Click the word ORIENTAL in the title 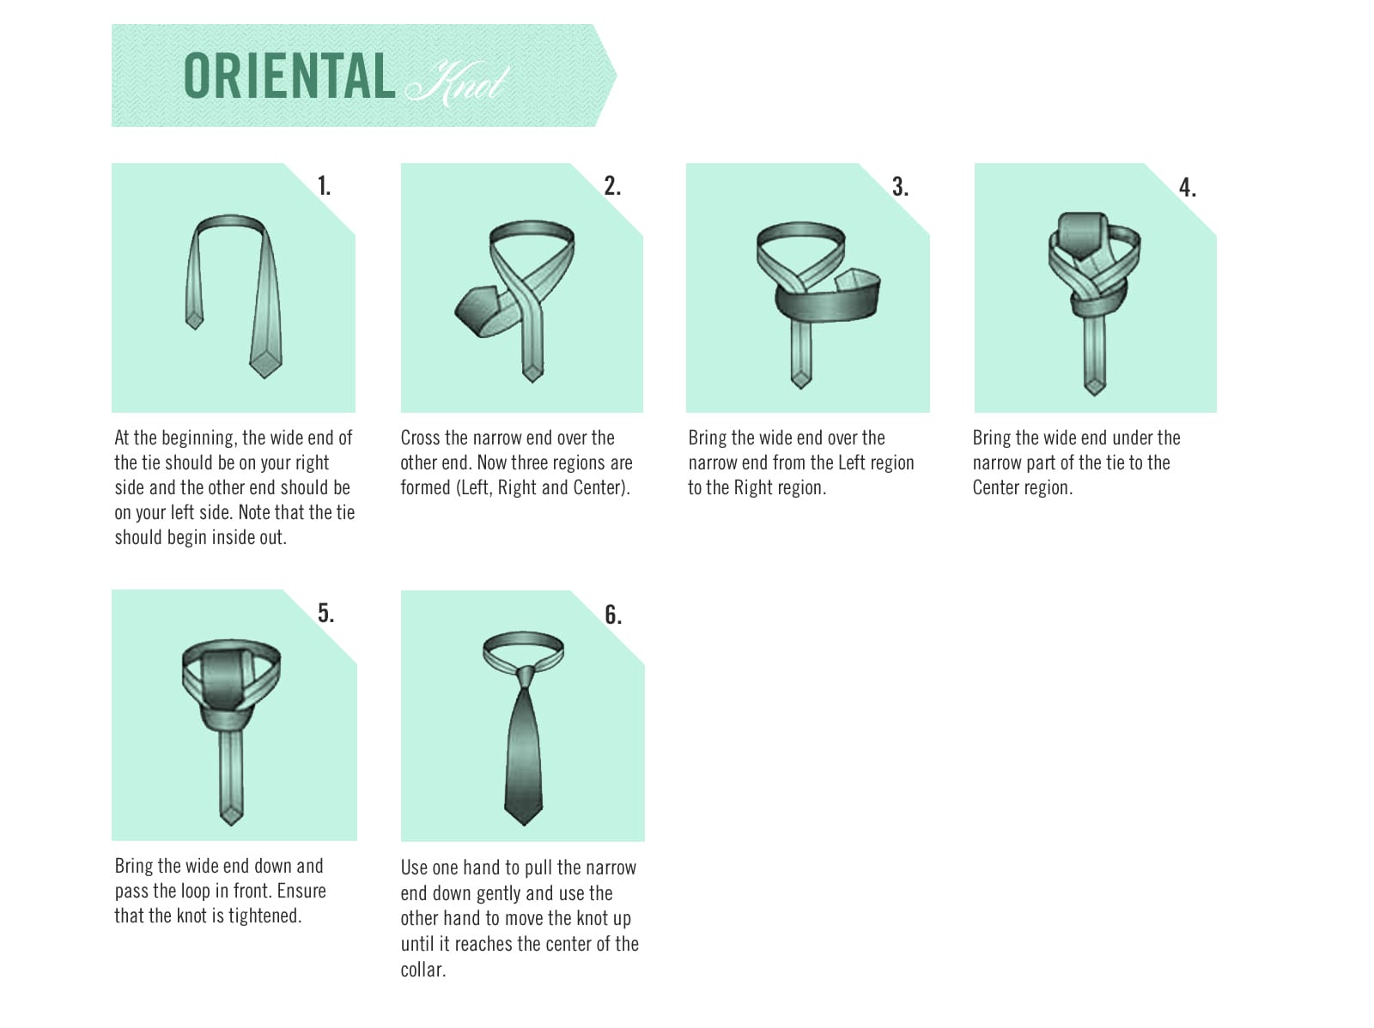point(289,76)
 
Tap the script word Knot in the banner point(457,83)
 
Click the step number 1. point(324,185)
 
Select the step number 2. point(612,185)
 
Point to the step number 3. point(900,187)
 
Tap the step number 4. point(1188,188)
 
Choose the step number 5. point(325,613)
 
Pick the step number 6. point(613,614)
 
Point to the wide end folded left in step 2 point(477,311)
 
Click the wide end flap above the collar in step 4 point(1081,234)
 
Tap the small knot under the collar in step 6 point(526,676)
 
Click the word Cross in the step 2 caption point(421,438)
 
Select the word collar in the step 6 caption point(423,970)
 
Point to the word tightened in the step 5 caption point(264,916)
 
